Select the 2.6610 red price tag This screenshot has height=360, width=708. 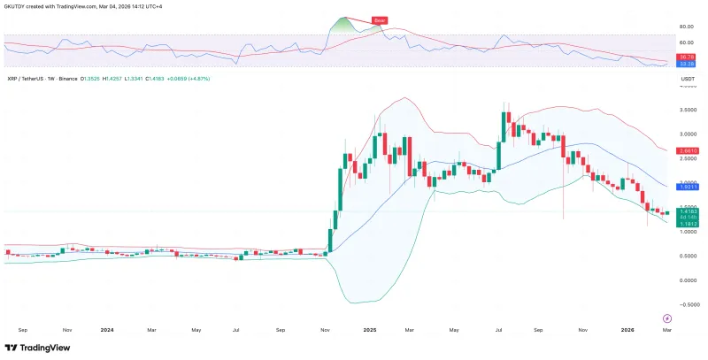pos(686,150)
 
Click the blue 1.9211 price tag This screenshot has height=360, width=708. pos(686,187)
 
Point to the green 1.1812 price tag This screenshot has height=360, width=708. pos(686,225)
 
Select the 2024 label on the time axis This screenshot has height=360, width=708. pos(107,329)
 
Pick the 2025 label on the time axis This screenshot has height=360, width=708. pos(370,329)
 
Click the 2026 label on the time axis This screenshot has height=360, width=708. pos(626,329)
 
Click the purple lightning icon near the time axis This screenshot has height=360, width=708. pos(666,317)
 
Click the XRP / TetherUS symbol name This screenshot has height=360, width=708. pos(27,79)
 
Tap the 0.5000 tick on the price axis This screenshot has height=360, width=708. pos(686,256)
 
